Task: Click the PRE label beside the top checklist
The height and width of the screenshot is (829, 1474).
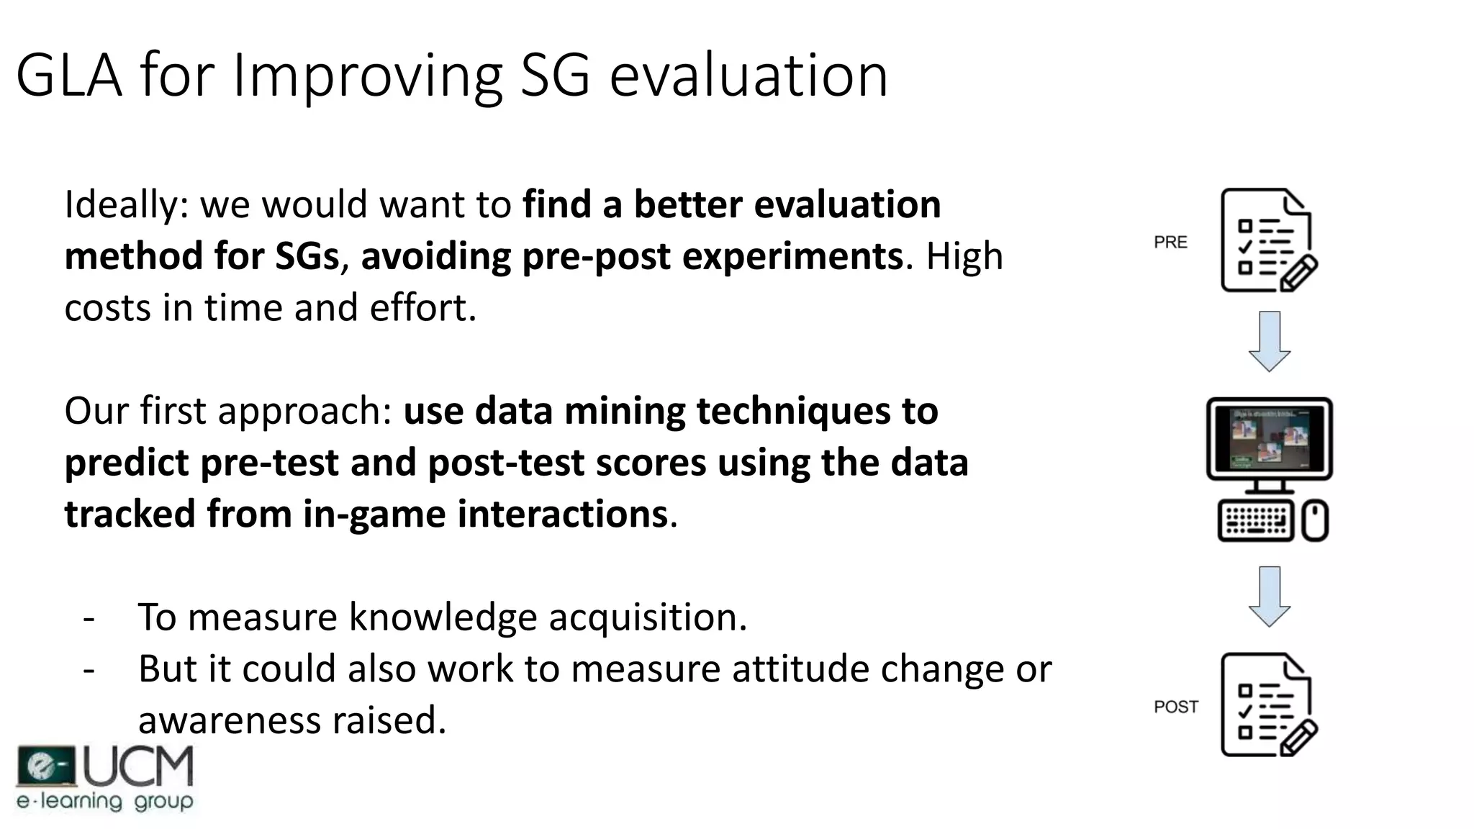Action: (1170, 243)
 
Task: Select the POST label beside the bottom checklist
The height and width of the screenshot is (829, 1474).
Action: (1176, 707)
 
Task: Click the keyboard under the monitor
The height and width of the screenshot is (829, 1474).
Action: (1256, 521)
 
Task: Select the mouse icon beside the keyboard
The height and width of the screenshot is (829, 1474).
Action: (1315, 521)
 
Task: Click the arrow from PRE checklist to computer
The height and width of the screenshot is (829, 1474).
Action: (1269, 341)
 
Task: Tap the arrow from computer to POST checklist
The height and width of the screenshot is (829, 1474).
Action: (1269, 596)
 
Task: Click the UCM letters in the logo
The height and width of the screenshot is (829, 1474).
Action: (139, 767)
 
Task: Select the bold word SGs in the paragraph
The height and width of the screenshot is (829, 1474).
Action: (307, 257)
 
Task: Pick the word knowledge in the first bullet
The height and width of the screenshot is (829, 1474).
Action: (443, 617)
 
